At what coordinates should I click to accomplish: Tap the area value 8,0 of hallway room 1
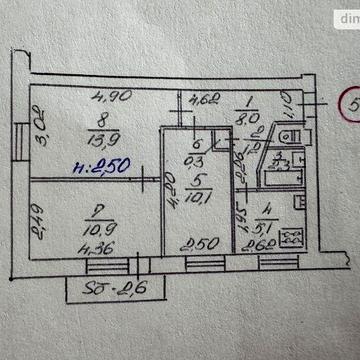tap(249, 116)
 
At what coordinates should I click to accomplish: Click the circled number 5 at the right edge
tap(350, 104)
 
